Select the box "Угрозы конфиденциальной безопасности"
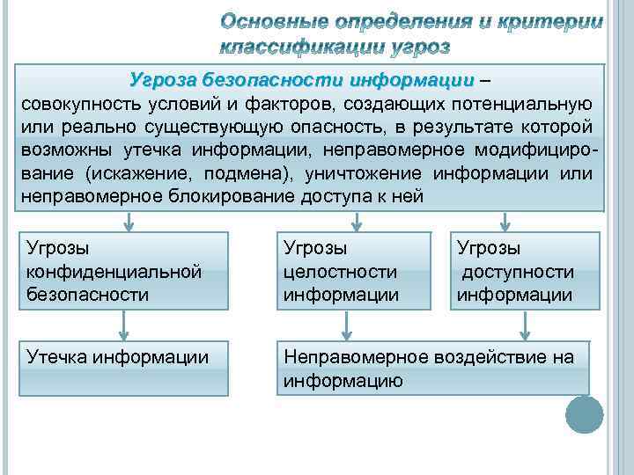(124, 271)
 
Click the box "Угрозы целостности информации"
(354, 271)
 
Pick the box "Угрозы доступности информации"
(525, 271)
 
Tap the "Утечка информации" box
(124, 369)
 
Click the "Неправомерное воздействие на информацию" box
(433, 369)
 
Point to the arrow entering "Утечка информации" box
(124, 325)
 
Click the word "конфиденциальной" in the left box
(114, 272)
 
